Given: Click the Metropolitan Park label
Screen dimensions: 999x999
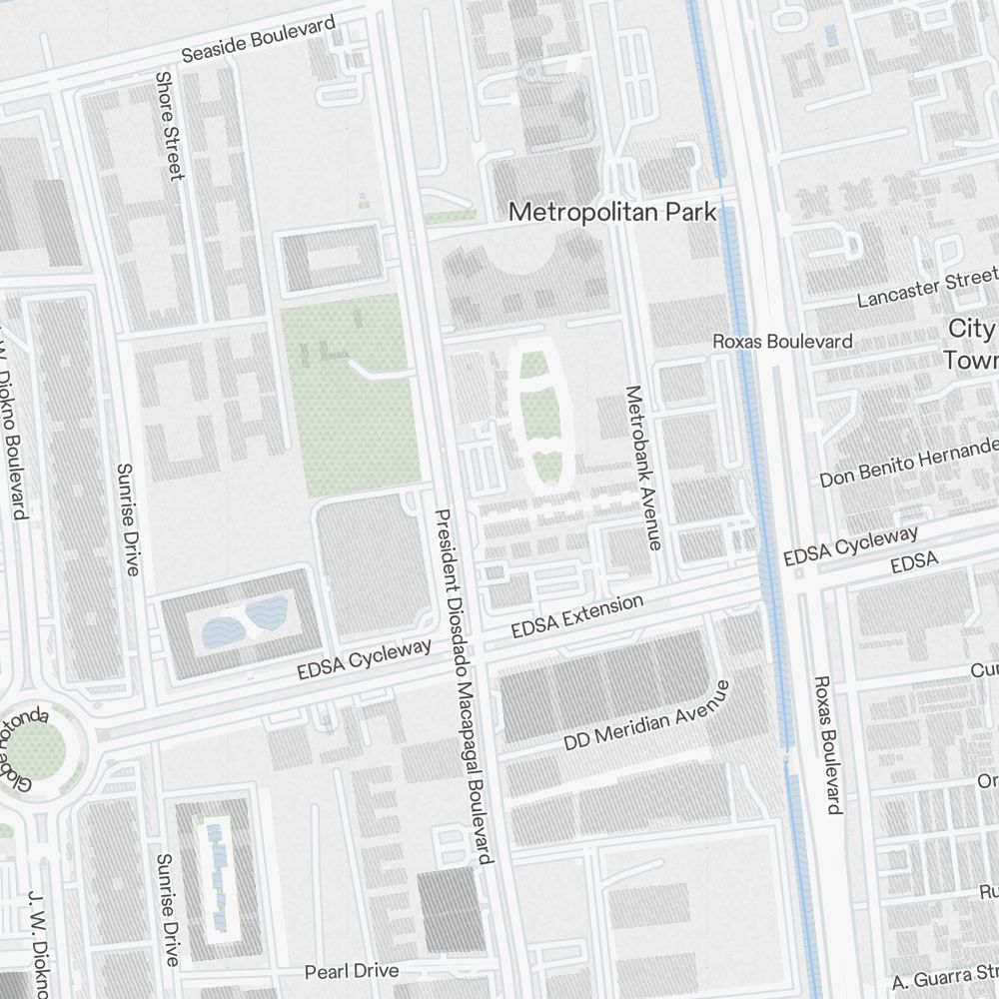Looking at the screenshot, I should point(612,212).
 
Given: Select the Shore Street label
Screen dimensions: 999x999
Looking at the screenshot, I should point(169,126).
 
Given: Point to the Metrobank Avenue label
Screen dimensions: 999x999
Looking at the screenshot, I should point(642,467).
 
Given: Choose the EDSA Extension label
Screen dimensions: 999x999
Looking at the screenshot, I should point(576,617).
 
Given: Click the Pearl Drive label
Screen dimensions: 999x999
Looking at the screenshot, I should point(351,971).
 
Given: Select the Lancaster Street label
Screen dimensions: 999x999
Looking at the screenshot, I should point(927,287).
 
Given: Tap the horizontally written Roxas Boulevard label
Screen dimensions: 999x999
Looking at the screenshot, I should point(782,341).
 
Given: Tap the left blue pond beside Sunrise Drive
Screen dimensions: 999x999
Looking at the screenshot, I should point(221,628).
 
